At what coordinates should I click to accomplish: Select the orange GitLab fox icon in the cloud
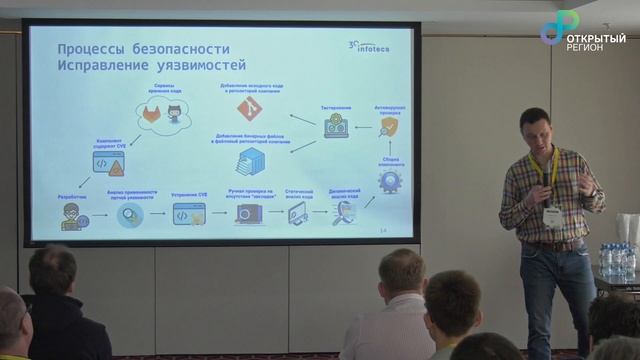coord(151,116)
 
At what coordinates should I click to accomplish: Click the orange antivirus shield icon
coord(389,127)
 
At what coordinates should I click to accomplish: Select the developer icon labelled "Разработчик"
coord(71,215)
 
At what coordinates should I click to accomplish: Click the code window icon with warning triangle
coord(107,161)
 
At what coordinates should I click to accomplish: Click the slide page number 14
coord(384,231)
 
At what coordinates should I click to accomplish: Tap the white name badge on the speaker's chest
coord(551,214)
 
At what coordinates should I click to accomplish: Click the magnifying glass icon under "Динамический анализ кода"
coord(344,212)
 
